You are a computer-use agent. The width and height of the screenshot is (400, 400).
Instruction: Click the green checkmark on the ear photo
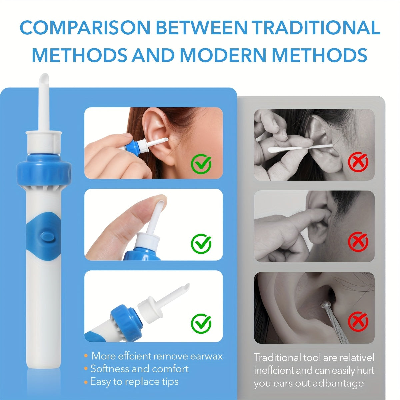tap(201, 163)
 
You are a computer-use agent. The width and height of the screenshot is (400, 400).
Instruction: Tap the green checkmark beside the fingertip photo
tap(201, 244)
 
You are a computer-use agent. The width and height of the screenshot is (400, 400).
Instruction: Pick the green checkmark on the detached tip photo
tap(201, 322)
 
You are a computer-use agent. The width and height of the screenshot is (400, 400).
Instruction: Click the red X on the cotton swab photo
tap(358, 162)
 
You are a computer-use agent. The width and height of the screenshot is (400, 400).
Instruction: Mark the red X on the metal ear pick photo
tap(358, 321)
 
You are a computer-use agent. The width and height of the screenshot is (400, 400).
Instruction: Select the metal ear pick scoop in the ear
tap(324, 304)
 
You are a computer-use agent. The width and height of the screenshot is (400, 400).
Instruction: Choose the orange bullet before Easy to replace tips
tap(86, 382)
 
